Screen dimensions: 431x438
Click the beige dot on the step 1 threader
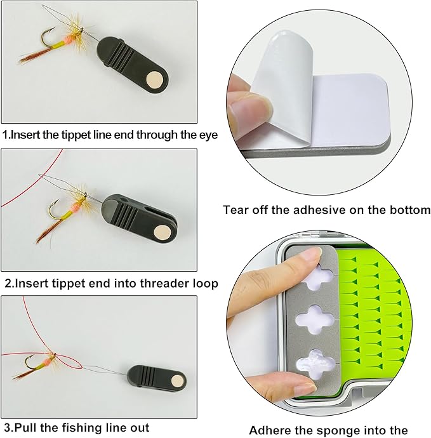155,79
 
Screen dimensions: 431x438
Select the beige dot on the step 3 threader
177,381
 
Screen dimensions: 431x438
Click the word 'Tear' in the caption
236,209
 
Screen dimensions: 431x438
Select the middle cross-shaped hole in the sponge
315,319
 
